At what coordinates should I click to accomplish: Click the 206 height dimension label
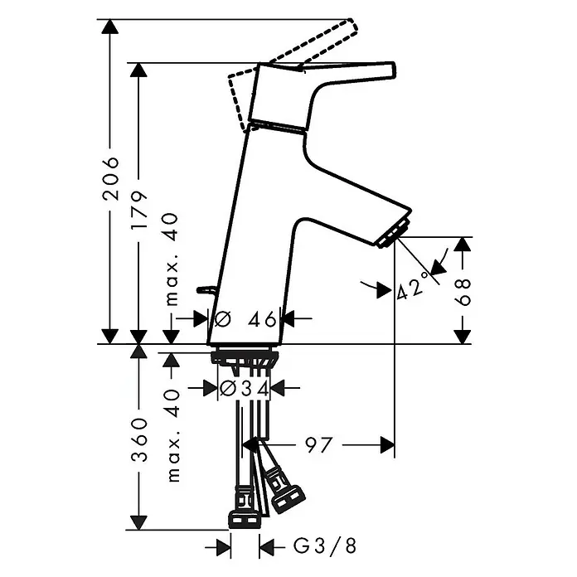111,178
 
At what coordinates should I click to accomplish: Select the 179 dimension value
139,211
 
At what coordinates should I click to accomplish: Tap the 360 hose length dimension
139,440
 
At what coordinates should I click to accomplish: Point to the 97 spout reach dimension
318,445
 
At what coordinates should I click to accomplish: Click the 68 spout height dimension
463,292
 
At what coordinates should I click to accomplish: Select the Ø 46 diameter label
245,318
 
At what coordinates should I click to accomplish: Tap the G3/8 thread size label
325,546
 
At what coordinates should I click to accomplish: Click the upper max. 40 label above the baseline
172,259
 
